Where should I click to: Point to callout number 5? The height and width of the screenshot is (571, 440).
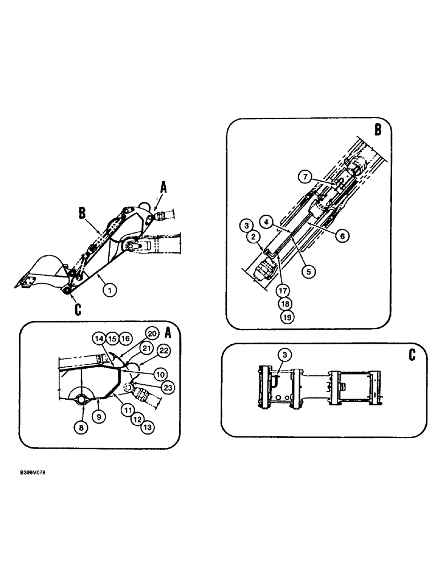click(308, 272)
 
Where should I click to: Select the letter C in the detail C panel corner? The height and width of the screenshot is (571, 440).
click(412, 354)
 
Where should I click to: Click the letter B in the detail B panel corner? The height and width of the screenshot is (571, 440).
click(378, 130)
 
